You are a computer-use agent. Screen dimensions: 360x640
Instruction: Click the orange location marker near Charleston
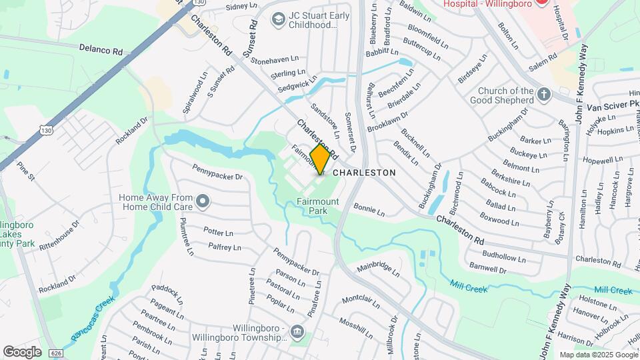(x=320, y=159)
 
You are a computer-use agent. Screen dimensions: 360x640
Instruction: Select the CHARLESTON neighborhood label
(x=364, y=172)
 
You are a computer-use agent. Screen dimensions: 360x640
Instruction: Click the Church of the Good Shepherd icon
(x=544, y=94)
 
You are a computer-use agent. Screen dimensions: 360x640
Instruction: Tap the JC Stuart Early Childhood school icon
(x=276, y=19)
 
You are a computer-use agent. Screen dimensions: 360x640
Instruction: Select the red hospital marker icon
(x=542, y=3)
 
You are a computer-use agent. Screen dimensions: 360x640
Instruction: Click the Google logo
(x=22, y=351)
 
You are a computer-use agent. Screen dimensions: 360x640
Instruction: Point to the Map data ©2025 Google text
(x=597, y=355)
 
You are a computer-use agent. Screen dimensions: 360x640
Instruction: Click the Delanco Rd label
(x=101, y=50)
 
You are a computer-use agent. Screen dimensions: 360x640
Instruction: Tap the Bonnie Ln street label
(x=369, y=211)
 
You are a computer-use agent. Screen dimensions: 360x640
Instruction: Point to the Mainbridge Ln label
(x=377, y=268)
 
